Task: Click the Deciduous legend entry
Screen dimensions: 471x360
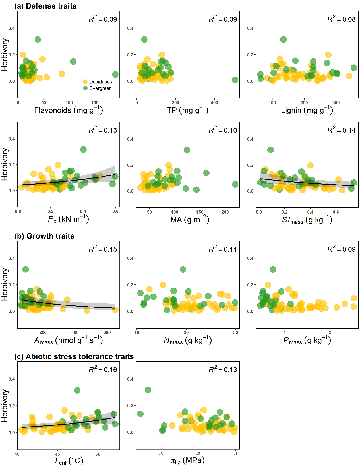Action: tap(98, 82)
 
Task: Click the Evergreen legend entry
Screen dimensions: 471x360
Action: tap(98, 88)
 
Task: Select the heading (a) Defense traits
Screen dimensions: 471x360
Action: tap(45, 6)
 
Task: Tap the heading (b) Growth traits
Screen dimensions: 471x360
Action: tap(44, 236)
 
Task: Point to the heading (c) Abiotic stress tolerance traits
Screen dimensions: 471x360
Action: tap(74, 356)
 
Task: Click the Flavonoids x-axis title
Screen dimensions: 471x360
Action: tap(68, 110)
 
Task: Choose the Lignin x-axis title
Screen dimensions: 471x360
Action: tap(307, 110)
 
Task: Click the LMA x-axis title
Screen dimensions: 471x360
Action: tap(188, 219)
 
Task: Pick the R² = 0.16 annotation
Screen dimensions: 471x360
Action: tap(103, 369)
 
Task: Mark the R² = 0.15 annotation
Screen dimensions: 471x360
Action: tap(103, 249)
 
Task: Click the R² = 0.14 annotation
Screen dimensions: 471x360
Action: tap(342, 130)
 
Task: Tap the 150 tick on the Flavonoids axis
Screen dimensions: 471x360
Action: tap(95, 103)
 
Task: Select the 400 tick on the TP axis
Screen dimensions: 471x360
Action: tap(214, 103)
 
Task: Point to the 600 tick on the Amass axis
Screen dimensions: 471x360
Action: tap(107, 332)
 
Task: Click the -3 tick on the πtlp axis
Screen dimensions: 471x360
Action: tap(161, 453)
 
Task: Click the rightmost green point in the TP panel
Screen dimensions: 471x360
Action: tap(235, 80)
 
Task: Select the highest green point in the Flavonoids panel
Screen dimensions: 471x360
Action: tap(38, 40)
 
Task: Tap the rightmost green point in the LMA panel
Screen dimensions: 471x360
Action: tap(235, 185)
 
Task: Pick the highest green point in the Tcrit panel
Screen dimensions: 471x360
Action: tap(77, 390)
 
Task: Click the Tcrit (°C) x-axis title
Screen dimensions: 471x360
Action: tap(69, 461)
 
